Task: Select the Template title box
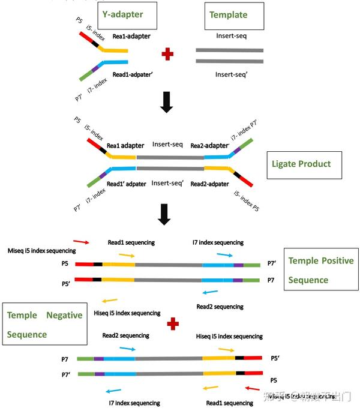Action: click(228, 14)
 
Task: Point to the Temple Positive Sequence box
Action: click(321, 270)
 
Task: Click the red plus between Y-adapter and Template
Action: click(167, 55)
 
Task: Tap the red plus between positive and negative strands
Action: click(173, 324)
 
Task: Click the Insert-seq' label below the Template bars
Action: click(231, 75)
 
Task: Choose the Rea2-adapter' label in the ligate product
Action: click(209, 145)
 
